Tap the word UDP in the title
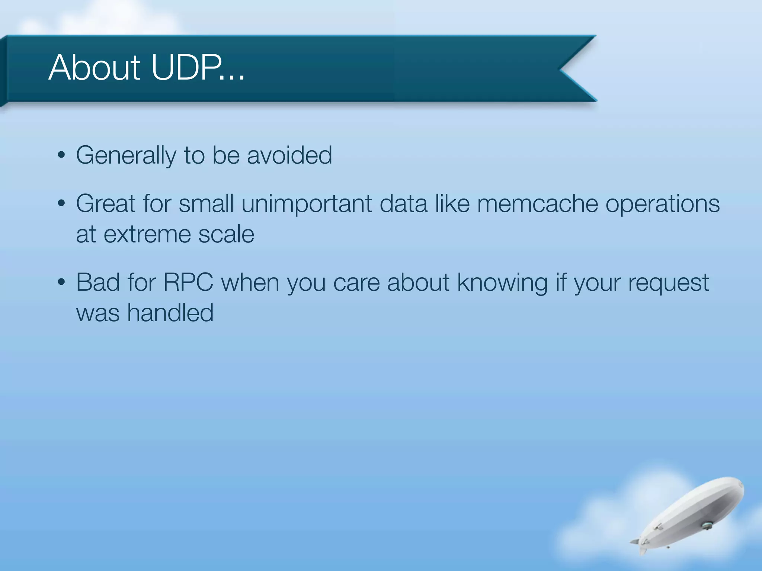(186, 68)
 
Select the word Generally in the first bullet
(126, 155)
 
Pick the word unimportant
(307, 204)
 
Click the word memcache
(537, 204)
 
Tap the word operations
(663, 204)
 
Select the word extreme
(147, 234)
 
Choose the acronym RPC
(188, 283)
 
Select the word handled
(170, 313)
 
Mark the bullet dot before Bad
(61, 282)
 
